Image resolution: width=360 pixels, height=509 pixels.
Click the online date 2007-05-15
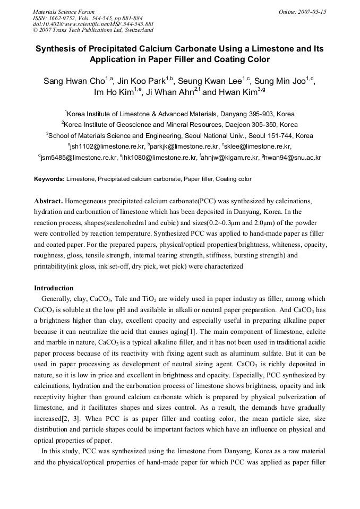(310, 12)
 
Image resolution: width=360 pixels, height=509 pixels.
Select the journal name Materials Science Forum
(64, 12)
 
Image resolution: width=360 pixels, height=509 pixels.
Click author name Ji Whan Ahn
(169, 92)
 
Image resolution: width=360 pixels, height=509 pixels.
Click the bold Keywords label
(49, 179)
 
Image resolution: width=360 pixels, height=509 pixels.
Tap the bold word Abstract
(48, 202)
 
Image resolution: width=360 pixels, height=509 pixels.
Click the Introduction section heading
(54, 288)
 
